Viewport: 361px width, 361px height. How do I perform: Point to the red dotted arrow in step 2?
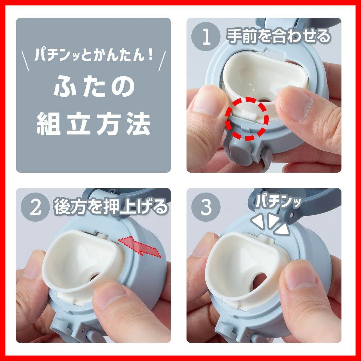140,245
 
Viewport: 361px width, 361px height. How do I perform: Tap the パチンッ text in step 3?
278,202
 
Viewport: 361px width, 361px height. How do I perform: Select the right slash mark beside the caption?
162,61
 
